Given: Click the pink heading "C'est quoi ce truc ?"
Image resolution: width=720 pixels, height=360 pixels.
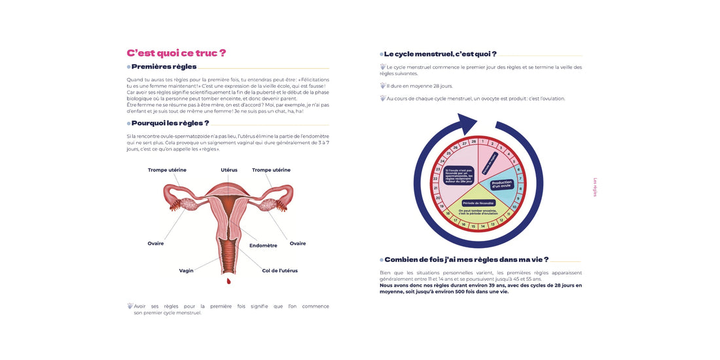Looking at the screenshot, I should click(176, 53).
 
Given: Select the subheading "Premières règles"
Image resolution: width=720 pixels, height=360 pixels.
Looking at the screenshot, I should click(164, 67).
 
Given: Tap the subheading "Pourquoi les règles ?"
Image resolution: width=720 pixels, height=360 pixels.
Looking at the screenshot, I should click(170, 123).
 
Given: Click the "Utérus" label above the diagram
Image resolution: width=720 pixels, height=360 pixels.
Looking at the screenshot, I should click(229, 170).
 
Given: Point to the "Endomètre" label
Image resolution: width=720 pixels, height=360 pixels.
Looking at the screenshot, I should click(263, 245).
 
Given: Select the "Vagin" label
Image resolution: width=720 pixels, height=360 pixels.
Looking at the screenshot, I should click(186, 270).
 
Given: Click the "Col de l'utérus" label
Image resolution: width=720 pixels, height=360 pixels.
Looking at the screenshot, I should click(279, 270).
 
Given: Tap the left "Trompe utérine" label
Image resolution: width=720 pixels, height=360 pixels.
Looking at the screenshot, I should click(167, 170).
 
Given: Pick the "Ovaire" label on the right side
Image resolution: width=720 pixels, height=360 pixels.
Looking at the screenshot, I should click(298, 243).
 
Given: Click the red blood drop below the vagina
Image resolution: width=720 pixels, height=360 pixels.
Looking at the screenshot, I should click(228, 281).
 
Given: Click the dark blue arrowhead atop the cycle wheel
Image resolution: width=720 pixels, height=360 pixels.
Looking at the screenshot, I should click(469, 124).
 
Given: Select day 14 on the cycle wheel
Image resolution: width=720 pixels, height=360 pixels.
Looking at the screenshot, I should click(483, 226).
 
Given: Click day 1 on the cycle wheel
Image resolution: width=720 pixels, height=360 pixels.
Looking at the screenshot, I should click(482, 141).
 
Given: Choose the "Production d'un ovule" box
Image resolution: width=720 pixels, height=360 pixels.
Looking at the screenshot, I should click(501, 185).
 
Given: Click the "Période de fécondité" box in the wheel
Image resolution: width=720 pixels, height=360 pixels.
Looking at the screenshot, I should click(478, 203).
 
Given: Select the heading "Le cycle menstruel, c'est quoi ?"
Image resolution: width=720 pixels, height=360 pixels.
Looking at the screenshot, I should click(440, 54).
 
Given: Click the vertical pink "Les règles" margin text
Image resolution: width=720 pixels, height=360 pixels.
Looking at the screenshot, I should click(594, 187).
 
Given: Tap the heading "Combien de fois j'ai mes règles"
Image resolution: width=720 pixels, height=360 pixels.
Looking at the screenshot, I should click(466, 260).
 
